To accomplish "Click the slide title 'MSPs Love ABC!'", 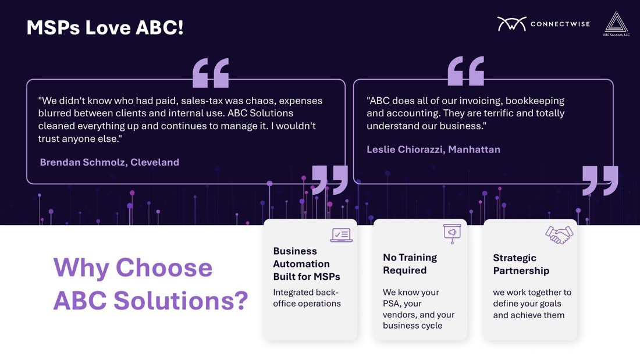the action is tap(105, 28).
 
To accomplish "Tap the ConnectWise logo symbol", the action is tap(511, 24).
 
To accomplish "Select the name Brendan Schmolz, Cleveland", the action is tap(109, 162).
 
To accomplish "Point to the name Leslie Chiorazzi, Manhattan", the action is tap(433, 149).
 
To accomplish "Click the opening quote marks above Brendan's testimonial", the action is tap(211, 73).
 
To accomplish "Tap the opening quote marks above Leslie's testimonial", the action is tap(465, 71).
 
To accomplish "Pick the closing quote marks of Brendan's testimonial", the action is tap(330, 180).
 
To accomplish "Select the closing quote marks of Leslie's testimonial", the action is tap(600, 180).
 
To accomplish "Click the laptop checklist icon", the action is tap(341, 235).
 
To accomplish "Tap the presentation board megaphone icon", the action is tap(452, 234).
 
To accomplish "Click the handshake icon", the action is tap(559, 235).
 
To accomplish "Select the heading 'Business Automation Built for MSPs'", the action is tap(307, 263).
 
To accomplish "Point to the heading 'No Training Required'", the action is tap(410, 263).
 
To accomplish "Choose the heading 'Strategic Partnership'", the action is tap(521, 264).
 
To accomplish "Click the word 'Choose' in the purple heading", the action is tap(164, 268).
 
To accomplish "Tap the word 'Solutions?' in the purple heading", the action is tap(181, 301).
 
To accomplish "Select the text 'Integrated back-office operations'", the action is tap(307, 298).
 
